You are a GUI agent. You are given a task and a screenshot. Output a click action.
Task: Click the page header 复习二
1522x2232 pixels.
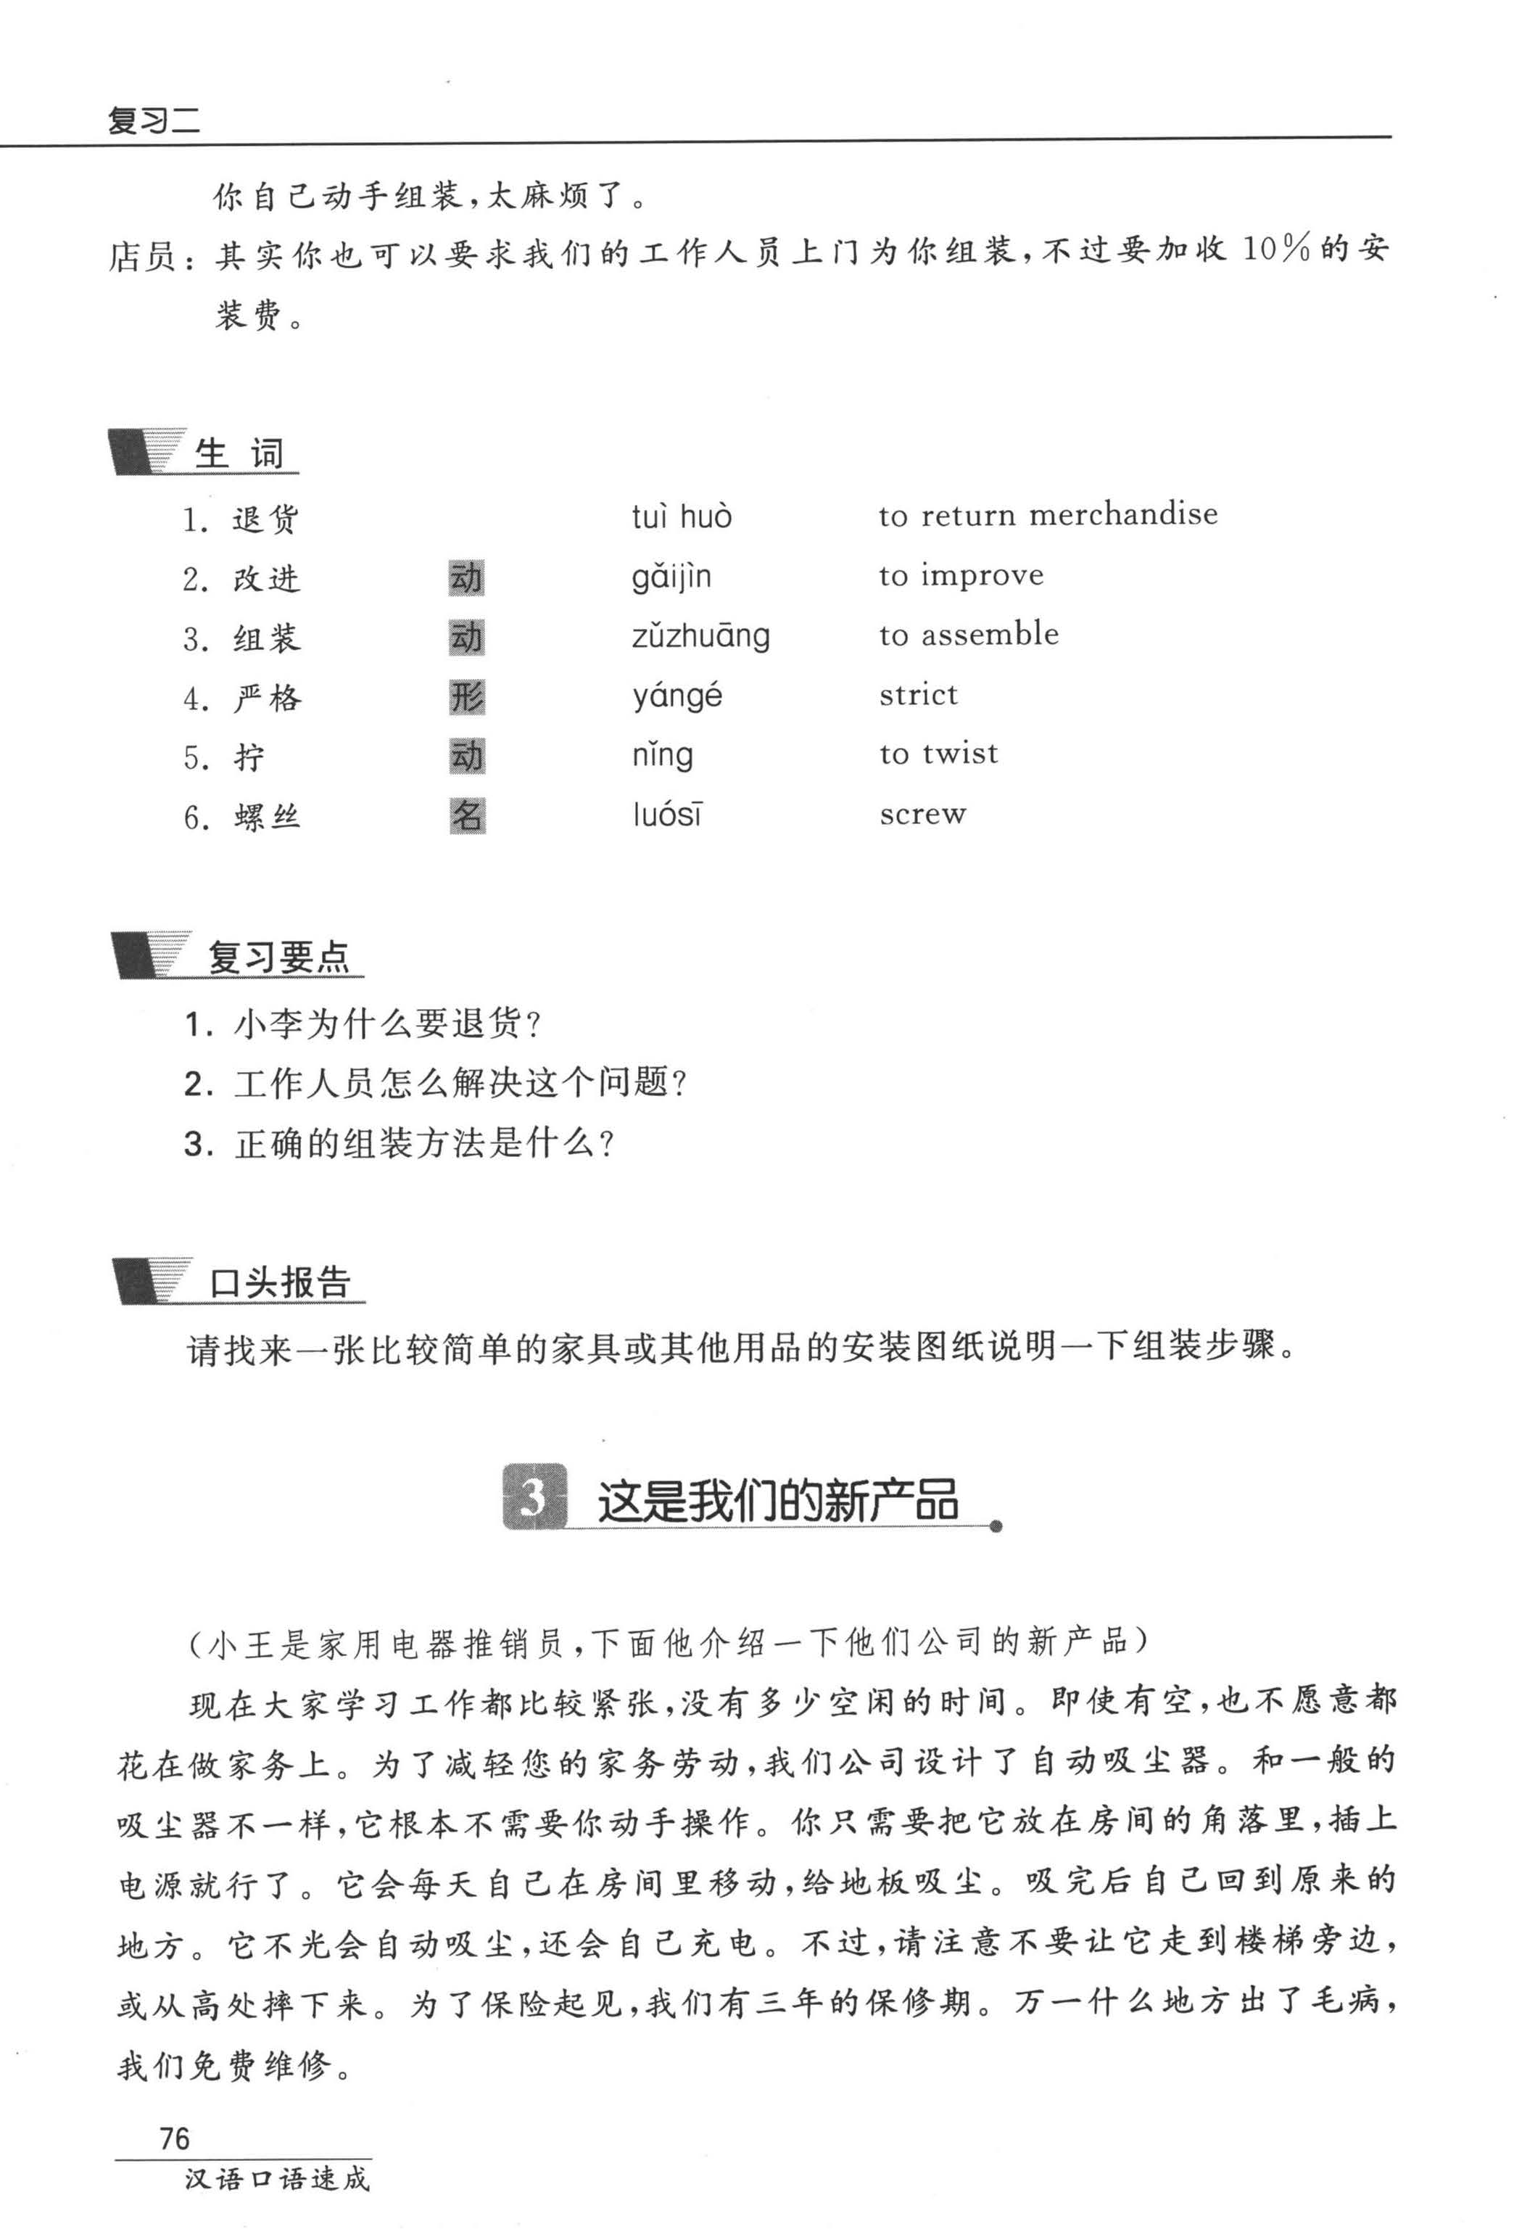click(x=154, y=121)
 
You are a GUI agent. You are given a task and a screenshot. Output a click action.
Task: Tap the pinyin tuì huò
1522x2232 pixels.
click(x=681, y=518)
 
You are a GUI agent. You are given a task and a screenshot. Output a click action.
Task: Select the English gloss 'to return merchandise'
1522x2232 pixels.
click(x=1048, y=516)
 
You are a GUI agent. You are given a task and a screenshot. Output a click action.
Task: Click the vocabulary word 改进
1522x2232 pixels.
click(x=266, y=579)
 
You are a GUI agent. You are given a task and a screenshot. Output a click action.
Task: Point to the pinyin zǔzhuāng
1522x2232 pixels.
click(x=700, y=637)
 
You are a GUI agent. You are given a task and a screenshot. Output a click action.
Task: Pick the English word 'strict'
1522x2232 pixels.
click(x=918, y=696)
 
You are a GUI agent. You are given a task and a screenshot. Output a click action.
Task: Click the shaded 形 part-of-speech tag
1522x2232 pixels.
click(x=467, y=697)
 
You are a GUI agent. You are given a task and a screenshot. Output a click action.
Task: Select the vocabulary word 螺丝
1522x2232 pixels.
click(x=266, y=818)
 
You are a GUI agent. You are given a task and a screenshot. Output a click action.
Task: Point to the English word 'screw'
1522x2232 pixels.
click(x=922, y=815)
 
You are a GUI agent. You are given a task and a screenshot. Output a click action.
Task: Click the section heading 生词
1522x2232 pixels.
click(x=239, y=453)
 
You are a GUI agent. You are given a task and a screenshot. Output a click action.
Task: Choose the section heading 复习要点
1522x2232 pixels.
click(x=279, y=958)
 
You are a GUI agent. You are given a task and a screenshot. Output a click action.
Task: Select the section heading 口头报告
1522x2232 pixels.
click(x=279, y=1283)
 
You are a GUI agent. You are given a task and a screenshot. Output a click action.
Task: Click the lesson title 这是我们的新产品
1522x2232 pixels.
click(x=778, y=1500)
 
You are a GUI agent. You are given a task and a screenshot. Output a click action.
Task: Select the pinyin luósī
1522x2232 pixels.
click(x=667, y=815)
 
